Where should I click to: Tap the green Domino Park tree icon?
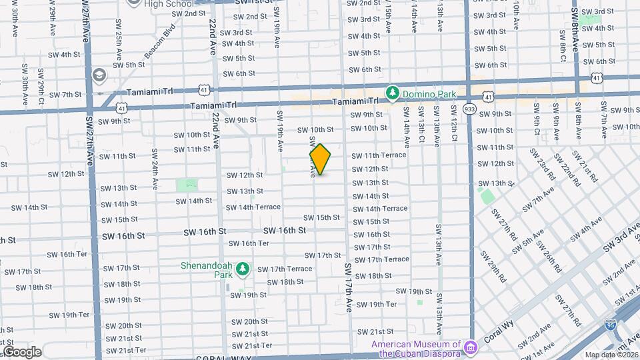tap(393, 94)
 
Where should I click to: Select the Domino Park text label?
tap(429, 94)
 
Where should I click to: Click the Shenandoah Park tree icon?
tap(243, 269)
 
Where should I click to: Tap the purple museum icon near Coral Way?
tap(471, 347)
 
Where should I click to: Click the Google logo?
tap(22, 351)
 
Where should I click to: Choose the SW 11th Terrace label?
tap(379, 155)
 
